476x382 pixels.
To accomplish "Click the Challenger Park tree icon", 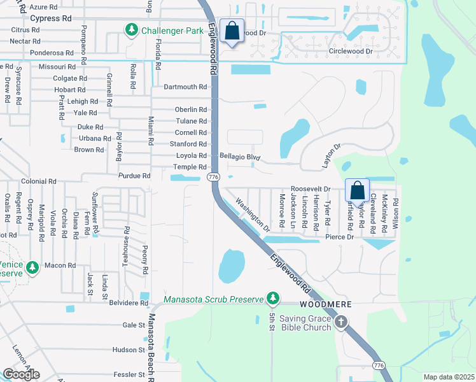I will click(132, 29).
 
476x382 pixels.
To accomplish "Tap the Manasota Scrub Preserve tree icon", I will click(273, 298).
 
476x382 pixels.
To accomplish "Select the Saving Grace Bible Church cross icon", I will click(340, 322).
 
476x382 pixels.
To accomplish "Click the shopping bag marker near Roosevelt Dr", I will click(358, 190).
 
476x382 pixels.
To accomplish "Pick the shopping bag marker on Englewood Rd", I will click(232, 31).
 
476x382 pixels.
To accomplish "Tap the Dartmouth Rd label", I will click(185, 87).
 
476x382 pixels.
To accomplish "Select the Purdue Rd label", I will click(134, 175).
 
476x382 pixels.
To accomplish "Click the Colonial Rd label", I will click(38, 181).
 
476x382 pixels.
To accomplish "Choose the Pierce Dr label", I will click(339, 237).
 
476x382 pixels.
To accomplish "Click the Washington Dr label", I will click(253, 214).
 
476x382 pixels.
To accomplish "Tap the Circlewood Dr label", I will click(350, 51).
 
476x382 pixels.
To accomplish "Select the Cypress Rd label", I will click(51, 18).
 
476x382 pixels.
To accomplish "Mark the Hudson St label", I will click(129, 350).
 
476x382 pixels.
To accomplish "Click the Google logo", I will click(21, 374).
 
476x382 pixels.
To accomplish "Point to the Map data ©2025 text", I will click(449, 377).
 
